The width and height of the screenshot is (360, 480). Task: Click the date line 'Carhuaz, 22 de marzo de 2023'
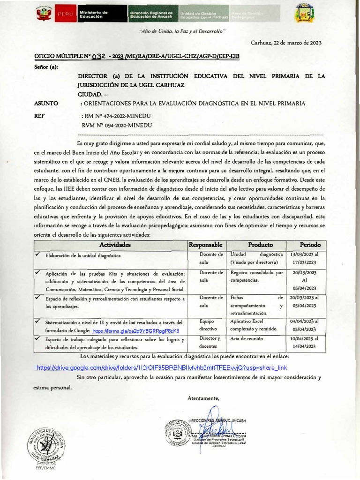click(x=286, y=43)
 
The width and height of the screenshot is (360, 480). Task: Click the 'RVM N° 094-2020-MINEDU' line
click(x=117, y=125)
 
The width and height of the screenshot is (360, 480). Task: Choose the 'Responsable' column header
click(x=205, y=245)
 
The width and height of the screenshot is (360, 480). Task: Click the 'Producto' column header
click(x=260, y=245)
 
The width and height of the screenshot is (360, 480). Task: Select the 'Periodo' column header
click(x=310, y=245)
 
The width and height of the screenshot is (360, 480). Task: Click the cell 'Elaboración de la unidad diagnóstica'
click(x=83, y=256)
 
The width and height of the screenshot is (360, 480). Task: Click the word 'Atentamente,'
click(x=203, y=398)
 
